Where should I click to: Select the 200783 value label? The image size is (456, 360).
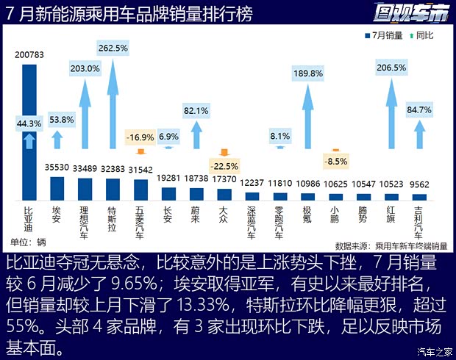point(29,56)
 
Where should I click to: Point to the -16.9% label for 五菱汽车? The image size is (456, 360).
point(140,137)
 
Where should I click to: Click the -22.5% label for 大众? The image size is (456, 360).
point(224,165)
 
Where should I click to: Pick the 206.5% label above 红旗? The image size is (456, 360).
point(391,68)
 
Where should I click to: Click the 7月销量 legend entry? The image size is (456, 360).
point(384,35)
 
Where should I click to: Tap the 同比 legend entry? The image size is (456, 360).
point(421,35)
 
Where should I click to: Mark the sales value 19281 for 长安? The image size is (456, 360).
point(169,178)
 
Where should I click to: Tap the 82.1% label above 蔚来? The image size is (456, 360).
point(197,111)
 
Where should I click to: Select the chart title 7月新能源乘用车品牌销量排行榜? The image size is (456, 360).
point(129,12)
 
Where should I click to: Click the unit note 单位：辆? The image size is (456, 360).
point(29,242)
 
